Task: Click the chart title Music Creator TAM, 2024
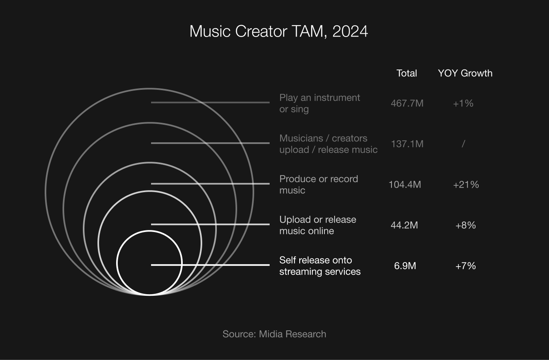click(279, 31)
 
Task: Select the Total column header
click(406, 73)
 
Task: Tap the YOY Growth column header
click(465, 73)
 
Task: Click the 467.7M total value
click(407, 103)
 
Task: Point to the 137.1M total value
click(407, 144)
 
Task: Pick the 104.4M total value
click(405, 184)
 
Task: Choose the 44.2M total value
click(404, 225)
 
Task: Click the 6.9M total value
click(405, 266)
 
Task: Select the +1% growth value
click(463, 103)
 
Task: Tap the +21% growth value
click(466, 184)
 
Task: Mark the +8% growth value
click(465, 225)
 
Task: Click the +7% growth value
click(465, 266)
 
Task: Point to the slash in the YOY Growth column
click(463, 144)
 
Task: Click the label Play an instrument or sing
click(320, 103)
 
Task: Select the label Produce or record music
click(319, 184)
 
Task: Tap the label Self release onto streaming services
click(320, 266)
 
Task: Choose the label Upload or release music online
click(318, 225)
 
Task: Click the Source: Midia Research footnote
click(274, 334)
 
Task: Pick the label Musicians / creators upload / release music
click(329, 144)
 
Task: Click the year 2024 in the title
click(350, 31)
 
